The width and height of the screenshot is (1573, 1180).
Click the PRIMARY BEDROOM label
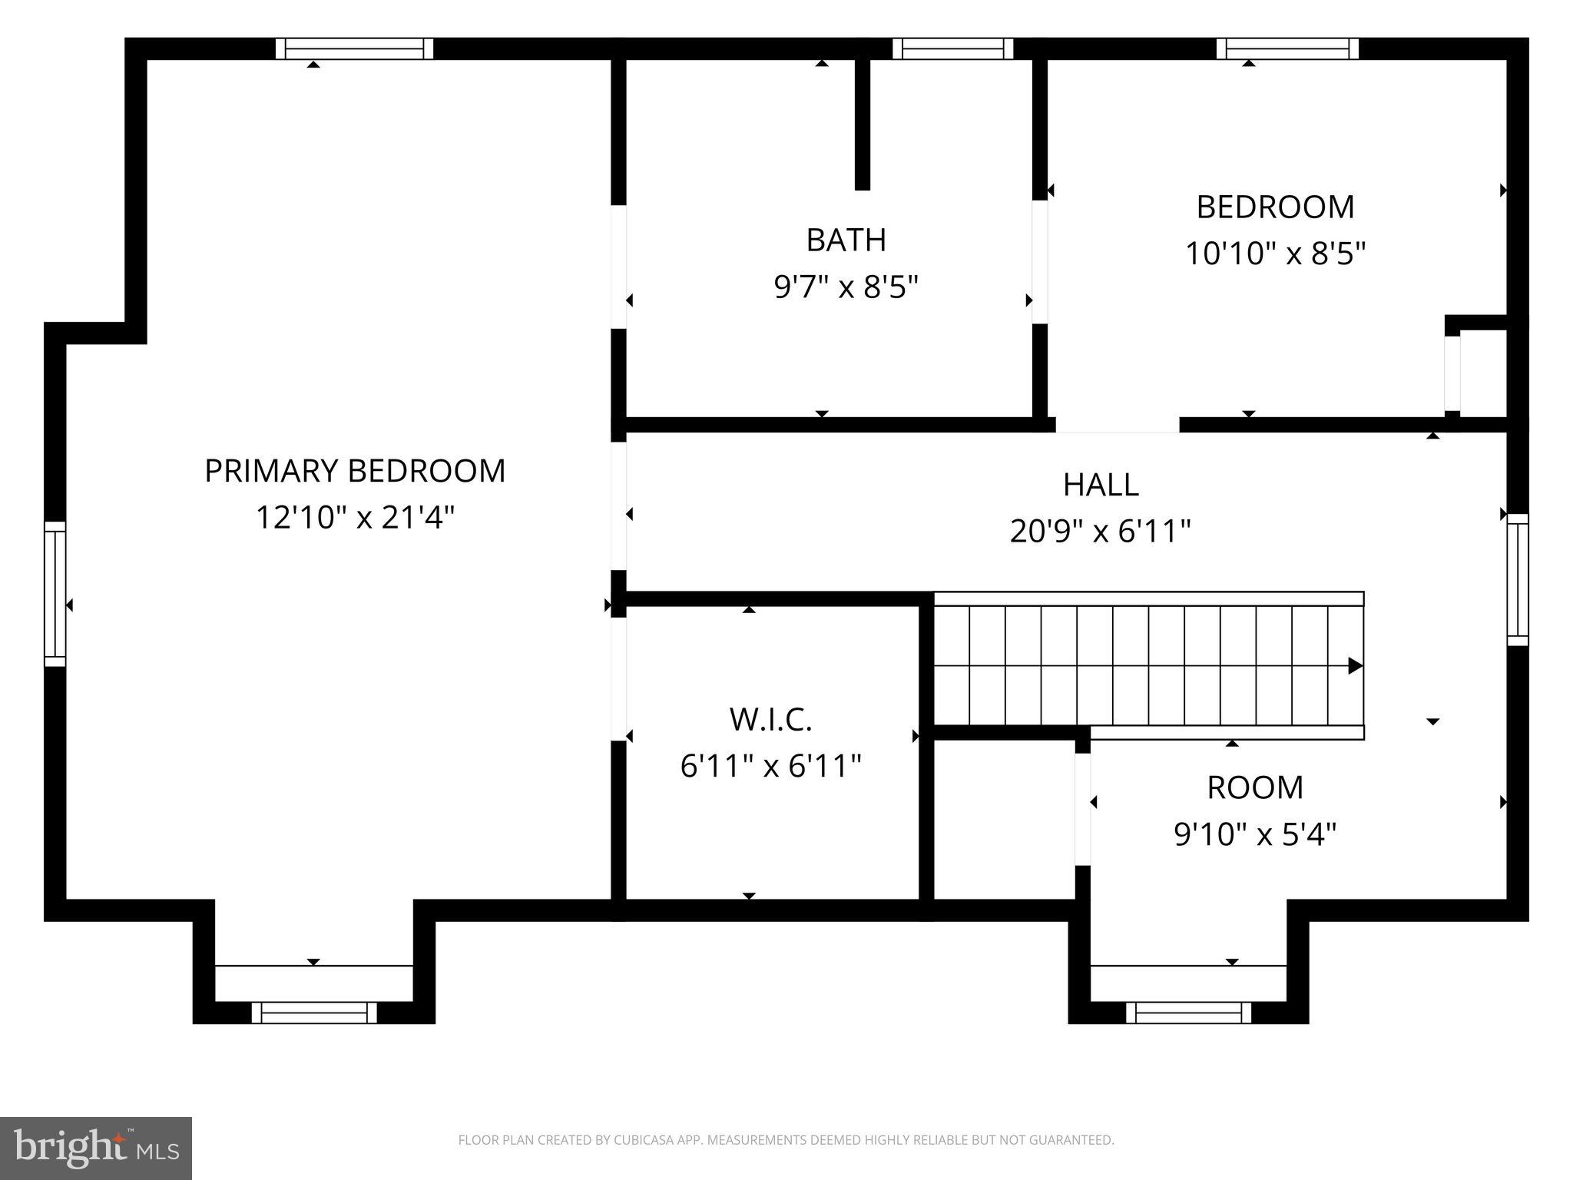coord(355,471)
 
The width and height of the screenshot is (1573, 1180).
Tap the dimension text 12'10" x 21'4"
coord(355,517)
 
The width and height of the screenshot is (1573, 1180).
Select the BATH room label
coord(846,240)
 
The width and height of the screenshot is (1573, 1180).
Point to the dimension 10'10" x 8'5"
coord(1275,253)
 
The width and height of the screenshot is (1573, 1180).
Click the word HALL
coord(1100,485)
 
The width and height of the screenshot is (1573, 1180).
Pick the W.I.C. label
coord(770,720)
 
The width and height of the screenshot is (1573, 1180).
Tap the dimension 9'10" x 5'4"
coord(1255,834)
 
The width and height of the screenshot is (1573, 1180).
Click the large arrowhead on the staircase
coord(1355,665)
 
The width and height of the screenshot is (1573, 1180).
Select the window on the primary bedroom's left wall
coord(55,593)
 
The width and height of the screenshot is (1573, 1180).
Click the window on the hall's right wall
coord(1517,579)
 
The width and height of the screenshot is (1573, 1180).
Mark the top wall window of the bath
coord(952,49)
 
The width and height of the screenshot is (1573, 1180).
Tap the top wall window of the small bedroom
coord(1287,49)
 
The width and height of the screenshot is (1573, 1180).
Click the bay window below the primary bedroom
coord(314,1013)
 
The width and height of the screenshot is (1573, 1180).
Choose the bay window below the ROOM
coord(1188,1013)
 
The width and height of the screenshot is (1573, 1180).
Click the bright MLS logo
coord(95,1148)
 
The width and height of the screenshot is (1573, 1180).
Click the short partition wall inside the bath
coord(863,123)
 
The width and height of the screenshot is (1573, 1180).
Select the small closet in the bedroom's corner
coord(1482,373)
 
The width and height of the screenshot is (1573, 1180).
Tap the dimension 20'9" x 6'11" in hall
coord(1100,531)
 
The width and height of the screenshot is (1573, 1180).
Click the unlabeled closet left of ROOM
coord(1003,818)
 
